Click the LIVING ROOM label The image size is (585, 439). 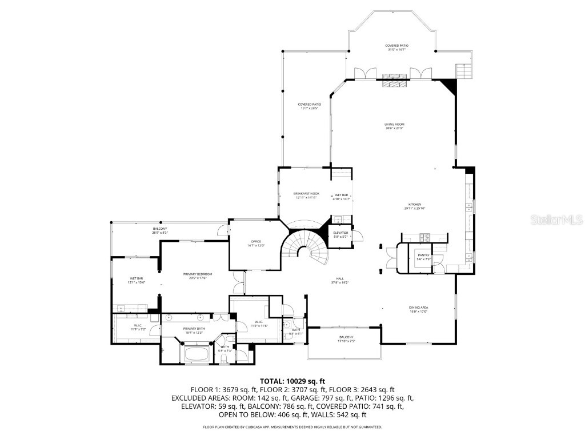[x=394, y=124]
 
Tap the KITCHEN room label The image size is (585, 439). [x=414, y=204]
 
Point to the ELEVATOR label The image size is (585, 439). [x=340, y=233]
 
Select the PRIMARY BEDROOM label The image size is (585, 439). [x=194, y=274]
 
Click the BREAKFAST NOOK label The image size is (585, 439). [x=306, y=194]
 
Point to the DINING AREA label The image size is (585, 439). [x=418, y=308]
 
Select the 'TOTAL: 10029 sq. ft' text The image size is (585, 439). [x=292, y=381]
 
